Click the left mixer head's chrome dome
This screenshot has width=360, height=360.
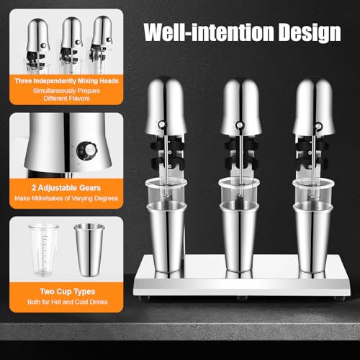(x=166, y=104)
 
